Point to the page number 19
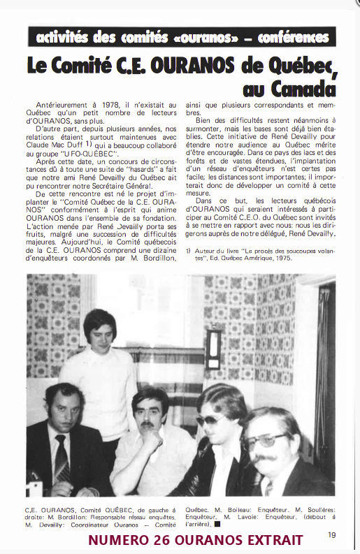(331, 536)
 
